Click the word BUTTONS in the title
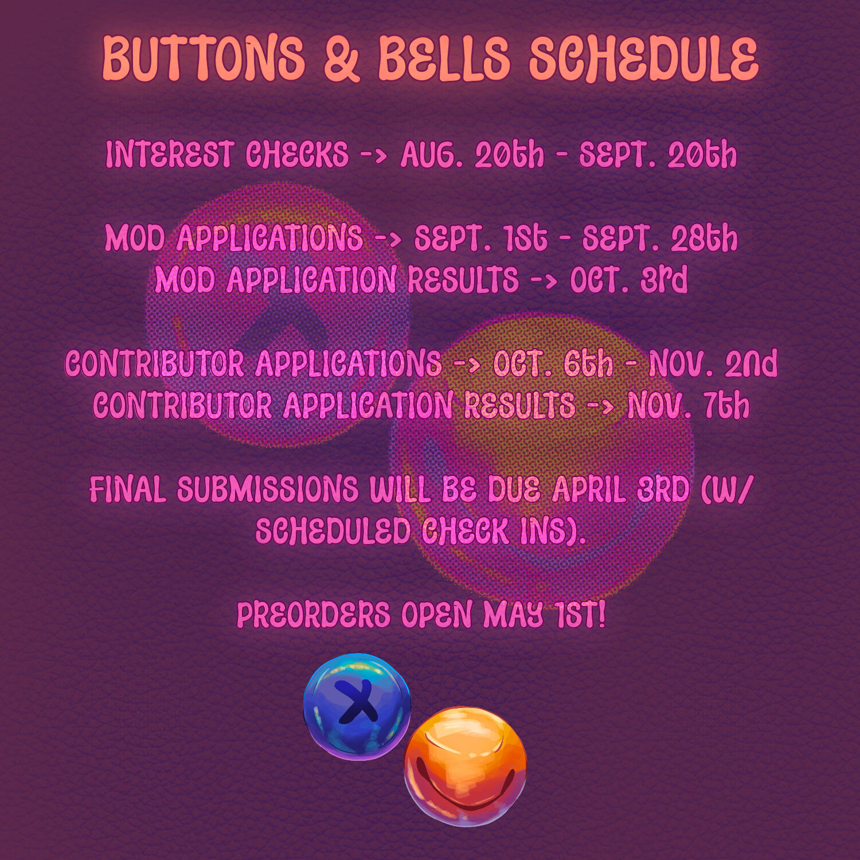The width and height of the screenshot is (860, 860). click(x=204, y=58)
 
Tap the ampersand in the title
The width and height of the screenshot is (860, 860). click(x=342, y=58)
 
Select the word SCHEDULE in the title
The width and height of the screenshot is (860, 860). click(x=643, y=58)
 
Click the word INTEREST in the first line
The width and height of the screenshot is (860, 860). click(x=169, y=155)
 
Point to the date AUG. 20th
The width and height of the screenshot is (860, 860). click(x=472, y=155)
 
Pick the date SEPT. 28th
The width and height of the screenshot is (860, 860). click(x=660, y=238)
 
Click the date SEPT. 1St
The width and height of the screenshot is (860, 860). click(x=480, y=238)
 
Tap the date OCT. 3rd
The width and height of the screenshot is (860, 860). click(x=628, y=280)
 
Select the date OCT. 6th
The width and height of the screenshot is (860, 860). click(x=553, y=363)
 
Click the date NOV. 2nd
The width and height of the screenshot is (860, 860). click(x=713, y=363)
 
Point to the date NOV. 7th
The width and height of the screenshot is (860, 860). click(x=688, y=405)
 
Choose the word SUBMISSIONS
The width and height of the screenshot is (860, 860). click(x=267, y=490)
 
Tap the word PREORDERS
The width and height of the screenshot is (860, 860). click(x=313, y=615)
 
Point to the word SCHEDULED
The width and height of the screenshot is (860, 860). click(x=333, y=531)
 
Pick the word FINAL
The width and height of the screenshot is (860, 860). click(x=128, y=490)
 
